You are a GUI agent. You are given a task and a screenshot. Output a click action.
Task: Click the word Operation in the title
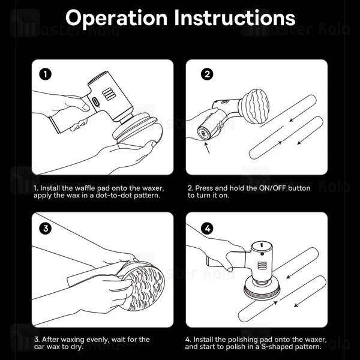pos(116,19)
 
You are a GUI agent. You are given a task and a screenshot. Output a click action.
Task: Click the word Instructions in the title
pos(235,17)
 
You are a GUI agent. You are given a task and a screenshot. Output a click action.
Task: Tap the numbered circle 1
pos(45,74)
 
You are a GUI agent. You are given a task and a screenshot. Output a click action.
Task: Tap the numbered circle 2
pos(207,74)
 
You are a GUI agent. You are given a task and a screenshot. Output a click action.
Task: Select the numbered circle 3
pos(46,229)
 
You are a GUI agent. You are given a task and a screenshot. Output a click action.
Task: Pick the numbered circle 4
pos(208,229)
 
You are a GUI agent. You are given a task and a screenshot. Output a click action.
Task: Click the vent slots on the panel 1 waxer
pos(109,94)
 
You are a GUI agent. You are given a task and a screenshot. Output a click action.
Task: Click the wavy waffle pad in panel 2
pos(255,106)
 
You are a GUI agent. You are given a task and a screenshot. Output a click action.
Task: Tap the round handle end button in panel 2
pos(203,134)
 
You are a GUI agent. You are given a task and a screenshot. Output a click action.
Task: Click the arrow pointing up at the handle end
pos(207,148)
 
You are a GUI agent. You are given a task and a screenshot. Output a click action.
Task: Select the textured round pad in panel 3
pos(143,287)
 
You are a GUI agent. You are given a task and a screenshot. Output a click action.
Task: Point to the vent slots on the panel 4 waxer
pos(262,265)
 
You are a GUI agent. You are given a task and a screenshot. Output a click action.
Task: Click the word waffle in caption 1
pos(84,188)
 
